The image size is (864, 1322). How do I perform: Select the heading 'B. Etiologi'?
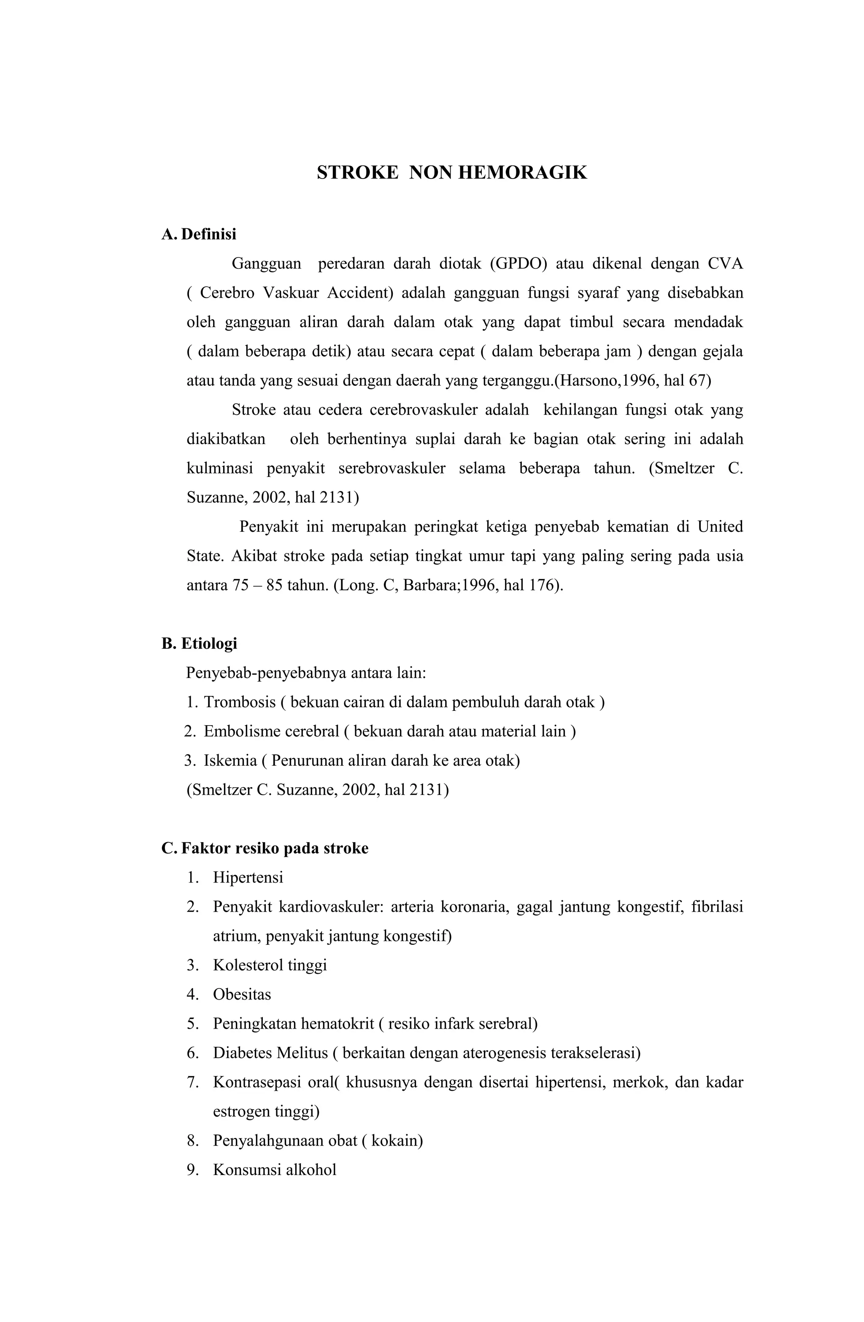click(x=199, y=643)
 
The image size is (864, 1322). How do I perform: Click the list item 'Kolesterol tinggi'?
click(x=270, y=965)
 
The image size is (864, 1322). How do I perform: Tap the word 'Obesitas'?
click(x=242, y=994)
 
